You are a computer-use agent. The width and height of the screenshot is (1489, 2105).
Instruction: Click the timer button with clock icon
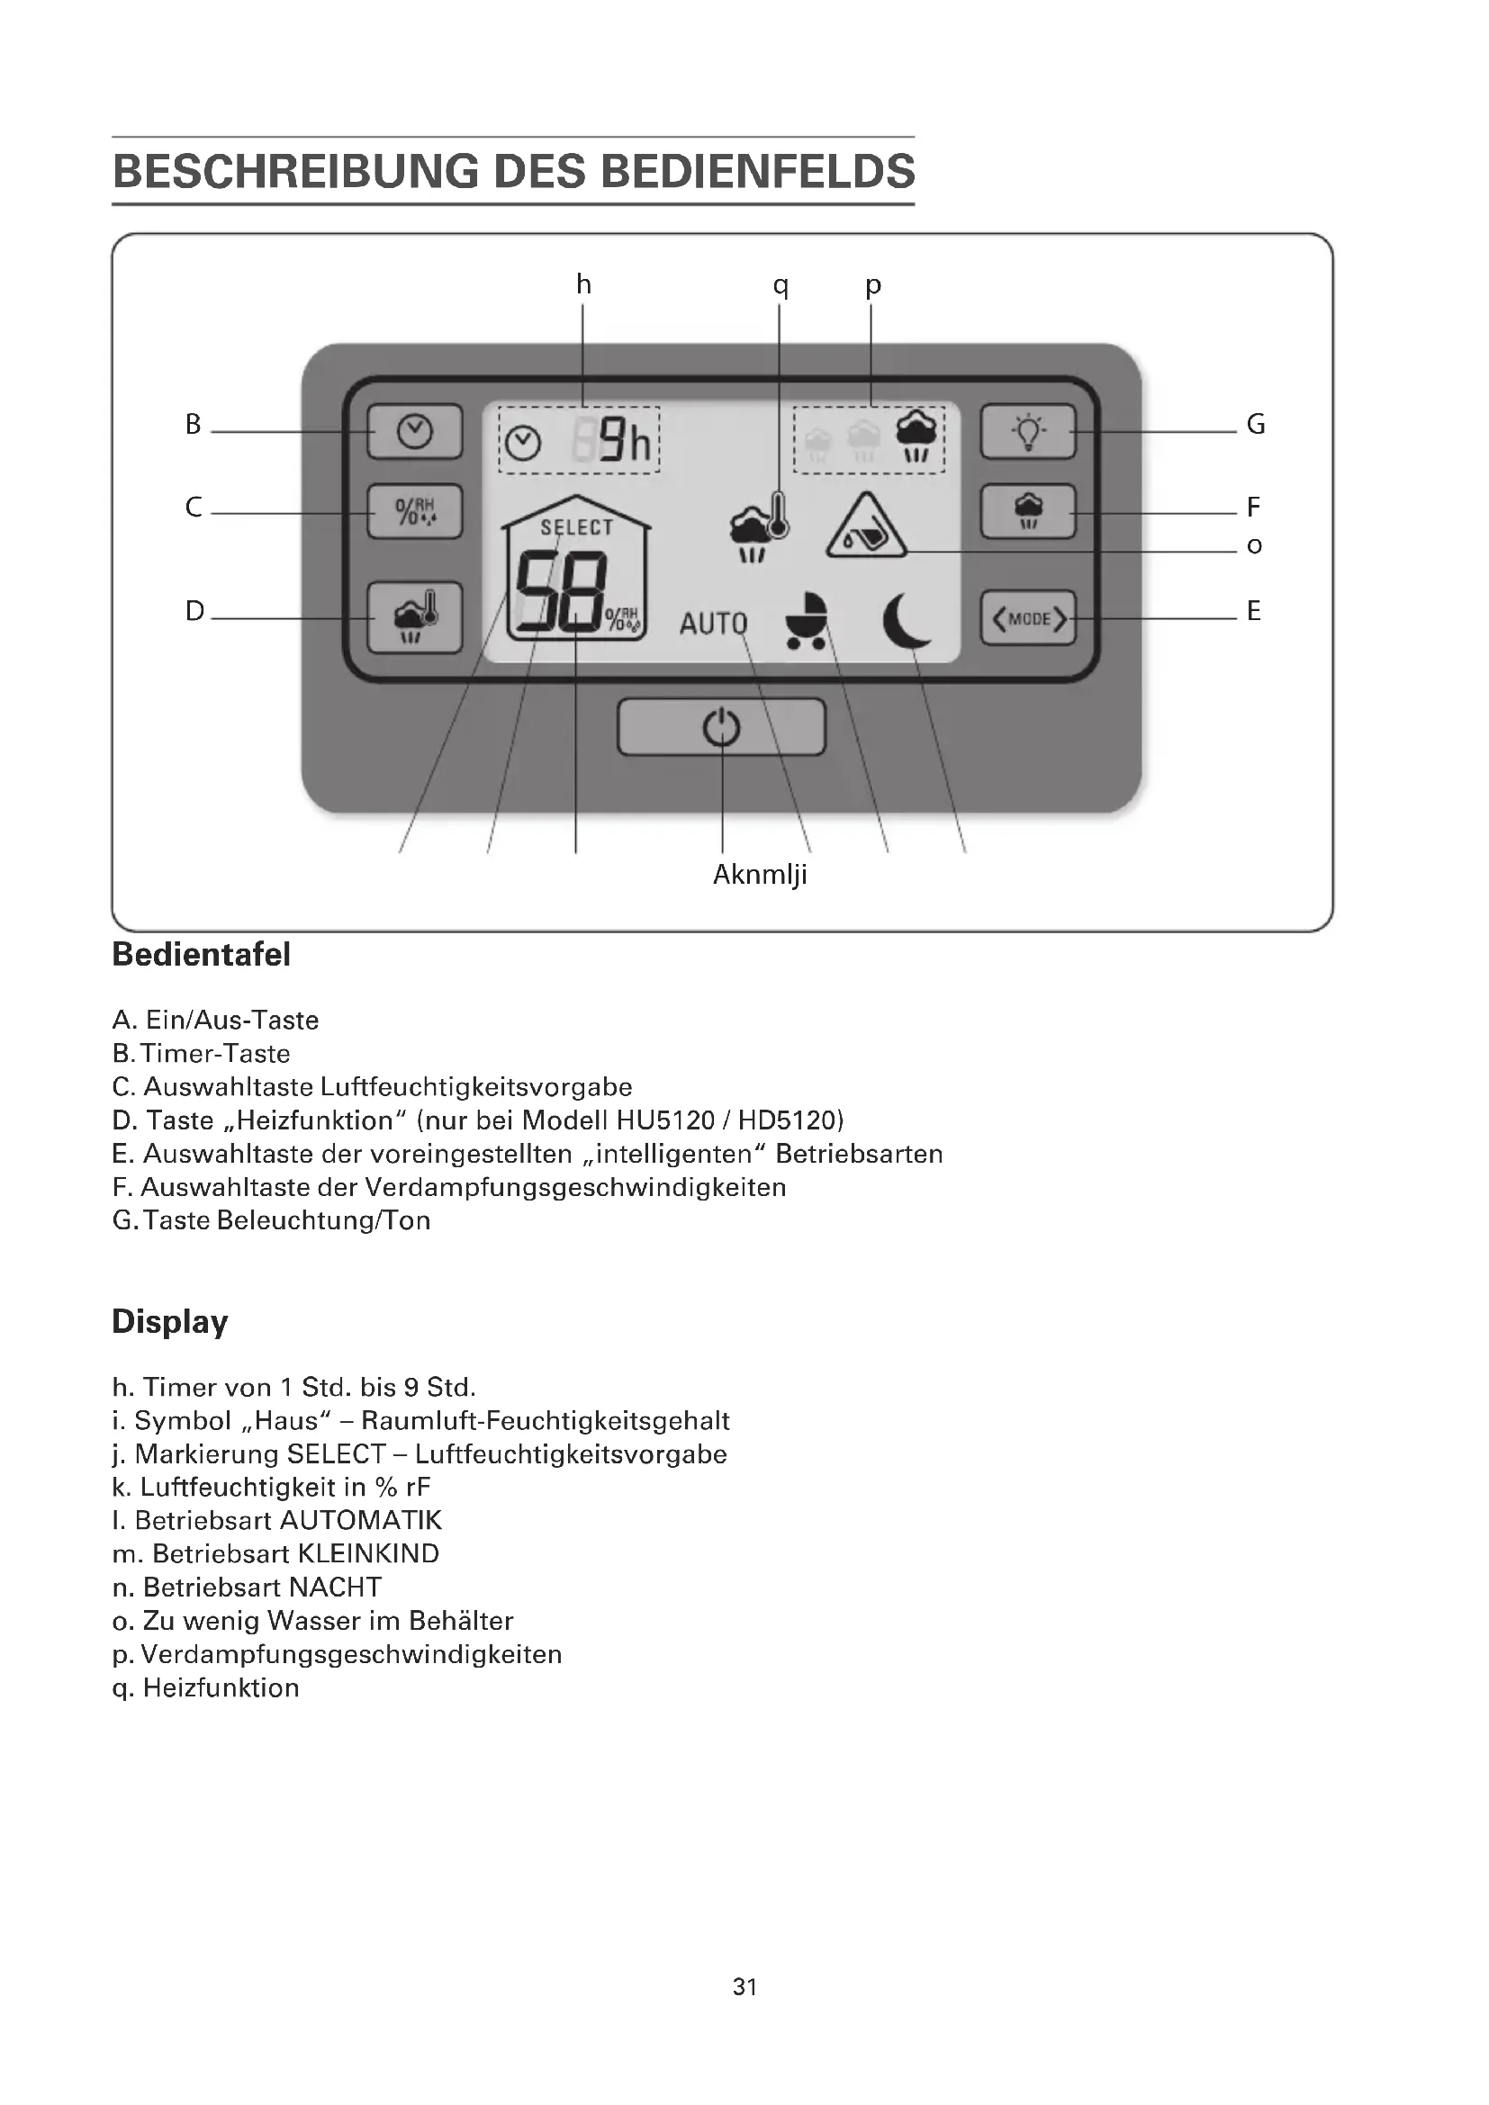click(414, 431)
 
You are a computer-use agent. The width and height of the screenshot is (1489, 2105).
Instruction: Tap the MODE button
click(1028, 619)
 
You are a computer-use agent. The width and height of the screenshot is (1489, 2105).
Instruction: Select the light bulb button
click(1028, 431)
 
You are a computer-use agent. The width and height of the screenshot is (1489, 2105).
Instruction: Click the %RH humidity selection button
click(414, 511)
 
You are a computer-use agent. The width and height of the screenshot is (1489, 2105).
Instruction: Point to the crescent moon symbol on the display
click(906, 621)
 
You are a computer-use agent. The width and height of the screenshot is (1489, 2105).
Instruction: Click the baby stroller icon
click(807, 621)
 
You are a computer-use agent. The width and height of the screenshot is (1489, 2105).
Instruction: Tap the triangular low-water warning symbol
click(865, 527)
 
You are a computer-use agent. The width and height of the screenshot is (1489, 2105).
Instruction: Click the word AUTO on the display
click(713, 625)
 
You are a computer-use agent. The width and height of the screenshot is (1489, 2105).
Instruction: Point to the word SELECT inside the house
click(576, 527)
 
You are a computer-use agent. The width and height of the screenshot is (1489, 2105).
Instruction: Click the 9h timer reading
click(625, 442)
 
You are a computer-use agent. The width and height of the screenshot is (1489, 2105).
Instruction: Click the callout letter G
click(1255, 425)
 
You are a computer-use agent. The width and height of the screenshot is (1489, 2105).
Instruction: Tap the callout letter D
click(194, 610)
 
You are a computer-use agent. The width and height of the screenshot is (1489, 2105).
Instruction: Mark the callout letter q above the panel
click(781, 285)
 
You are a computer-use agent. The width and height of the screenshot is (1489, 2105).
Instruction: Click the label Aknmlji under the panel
click(759, 875)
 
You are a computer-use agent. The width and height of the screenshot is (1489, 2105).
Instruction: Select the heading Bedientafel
click(201, 954)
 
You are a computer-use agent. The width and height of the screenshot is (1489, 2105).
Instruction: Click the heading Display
click(169, 1321)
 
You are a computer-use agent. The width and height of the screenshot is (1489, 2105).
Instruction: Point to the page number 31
click(744, 1987)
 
